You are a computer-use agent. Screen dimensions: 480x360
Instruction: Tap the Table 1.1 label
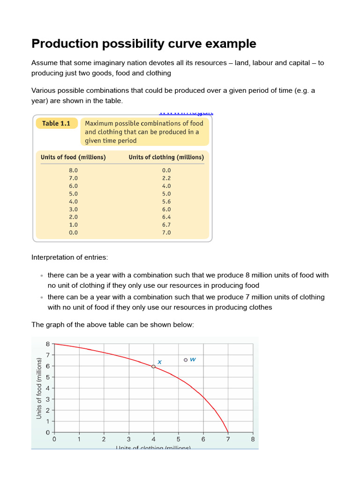pyautogui.click(x=56, y=123)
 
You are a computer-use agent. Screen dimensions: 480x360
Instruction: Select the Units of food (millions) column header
pyautogui.click(x=73, y=157)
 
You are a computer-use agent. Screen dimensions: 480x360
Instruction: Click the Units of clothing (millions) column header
pyautogui.click(x=166, y=157)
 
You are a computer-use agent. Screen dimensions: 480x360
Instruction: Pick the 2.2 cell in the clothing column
pyautogui.click(x=166, y=178)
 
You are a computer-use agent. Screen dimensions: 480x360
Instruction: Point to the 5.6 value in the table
pyautogui.click(x=166, y=202)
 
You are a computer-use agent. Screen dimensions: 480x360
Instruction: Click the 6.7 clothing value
pyautogui.click(x=166, y=225)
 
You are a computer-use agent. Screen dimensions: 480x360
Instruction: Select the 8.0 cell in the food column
pyautogui.click(x=73, y=171)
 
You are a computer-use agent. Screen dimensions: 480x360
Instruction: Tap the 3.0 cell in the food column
pyautogui.click(x=73, y=209)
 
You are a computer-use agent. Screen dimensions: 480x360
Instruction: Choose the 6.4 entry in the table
pyautogui.click(x=166, y=217)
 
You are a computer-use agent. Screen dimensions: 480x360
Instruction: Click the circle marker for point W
pyautogui.click(x=186, y=360)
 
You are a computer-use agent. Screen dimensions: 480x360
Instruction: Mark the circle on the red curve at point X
pyautogui.click(x=153, y=367)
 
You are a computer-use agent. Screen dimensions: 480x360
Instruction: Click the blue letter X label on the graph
pyautogui.click(x=159, y=362)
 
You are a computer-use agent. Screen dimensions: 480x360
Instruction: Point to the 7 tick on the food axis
pyautogui.click(x=47, y=355)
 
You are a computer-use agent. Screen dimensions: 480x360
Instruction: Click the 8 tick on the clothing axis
pyautogui.click(x=253, y=439)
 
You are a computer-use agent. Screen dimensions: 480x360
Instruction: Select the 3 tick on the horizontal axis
pyautogui.click(x=128, y=439)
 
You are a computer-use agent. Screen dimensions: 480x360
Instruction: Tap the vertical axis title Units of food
pyautogui.click(x=39, y=388)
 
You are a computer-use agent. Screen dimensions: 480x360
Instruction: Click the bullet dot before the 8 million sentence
pyautogui.click(x=42, y=276)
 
